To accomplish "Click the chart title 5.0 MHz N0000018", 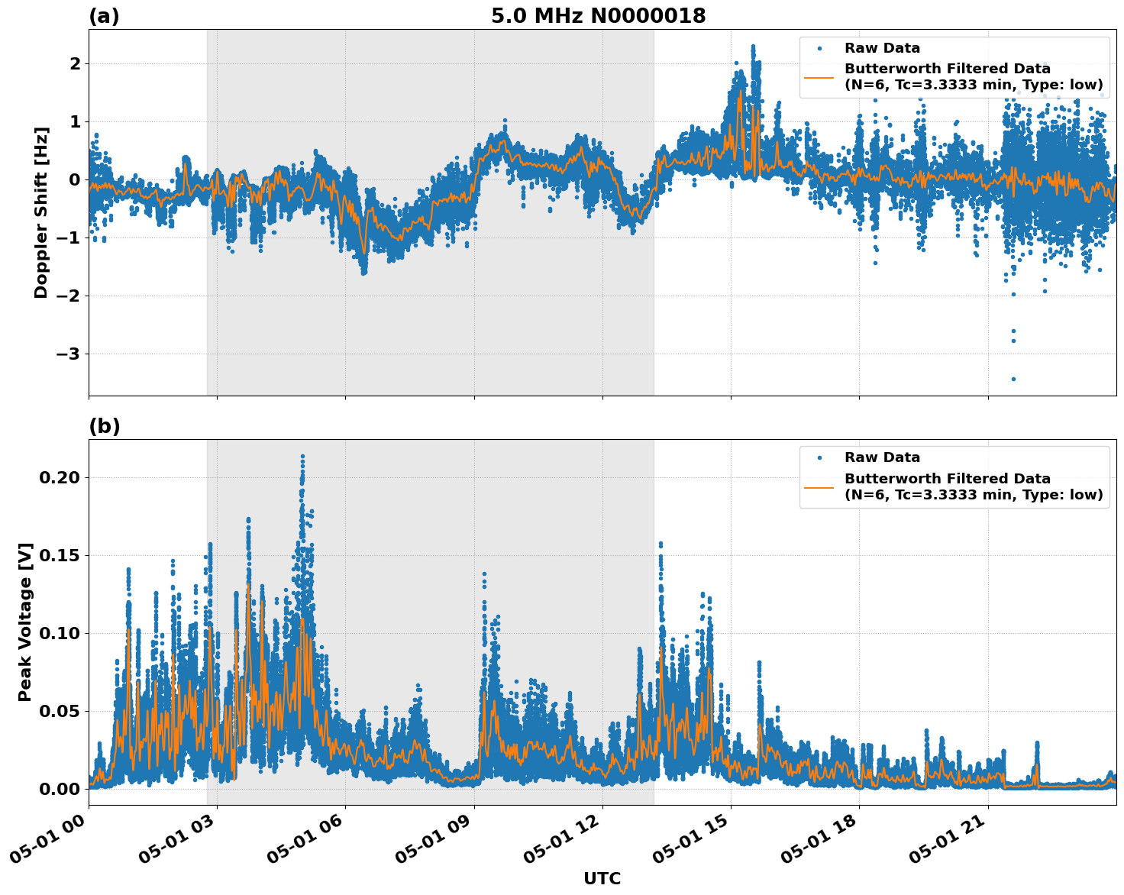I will click(598, 16).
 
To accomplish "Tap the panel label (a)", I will click(104, 16).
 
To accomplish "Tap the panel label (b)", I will click(104, 426).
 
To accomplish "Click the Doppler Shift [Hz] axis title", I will click(41, 212).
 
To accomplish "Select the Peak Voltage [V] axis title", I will click(25, 622).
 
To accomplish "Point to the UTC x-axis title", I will click(602, 878).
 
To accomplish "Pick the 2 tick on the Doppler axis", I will click(75, 64).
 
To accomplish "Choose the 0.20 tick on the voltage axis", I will click(59, 478).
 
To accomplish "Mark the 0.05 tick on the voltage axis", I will click(59, 712).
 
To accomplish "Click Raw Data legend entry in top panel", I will click(882, 48).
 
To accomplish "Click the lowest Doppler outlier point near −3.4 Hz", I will click(1013, 379).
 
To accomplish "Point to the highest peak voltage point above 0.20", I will click(302, 456).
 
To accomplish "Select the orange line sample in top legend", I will click(819, 77).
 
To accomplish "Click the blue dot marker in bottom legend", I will click(819, 457).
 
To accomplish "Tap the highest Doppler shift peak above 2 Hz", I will click(752, 47).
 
